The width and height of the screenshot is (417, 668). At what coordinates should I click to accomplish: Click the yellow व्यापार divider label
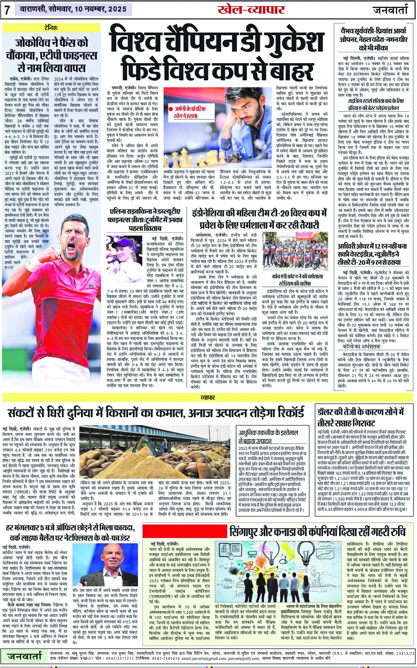pos(208,398)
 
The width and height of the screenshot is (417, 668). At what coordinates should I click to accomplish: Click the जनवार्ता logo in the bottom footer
pos(24,657)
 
